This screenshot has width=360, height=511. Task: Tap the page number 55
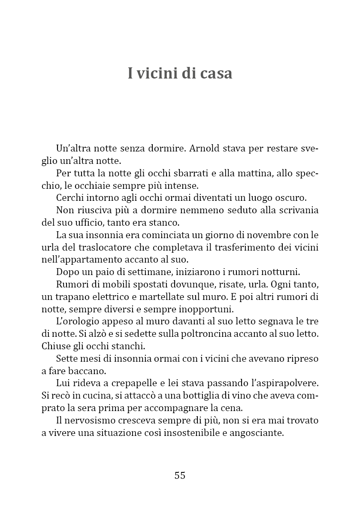tap(180, 475)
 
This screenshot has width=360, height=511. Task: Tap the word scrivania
tap(297, 211)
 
